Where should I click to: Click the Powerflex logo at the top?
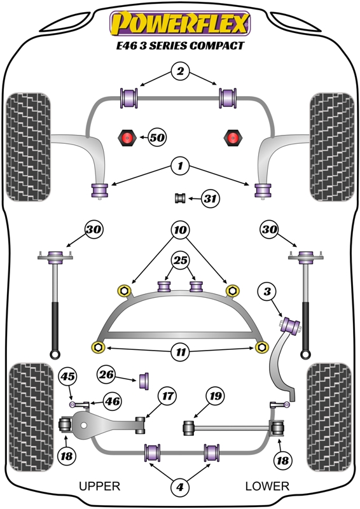click(180, 24)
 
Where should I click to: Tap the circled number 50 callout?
click(157, 137)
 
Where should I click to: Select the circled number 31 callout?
click(211, 198)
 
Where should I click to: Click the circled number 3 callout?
click(267, 291)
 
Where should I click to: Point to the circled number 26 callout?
click(106, 375)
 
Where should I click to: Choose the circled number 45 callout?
click(67, 376)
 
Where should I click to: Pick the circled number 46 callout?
click(113, 401)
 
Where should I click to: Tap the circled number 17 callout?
click(167, 396)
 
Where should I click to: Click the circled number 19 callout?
click(216, 396)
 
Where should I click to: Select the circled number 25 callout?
click(181, 260)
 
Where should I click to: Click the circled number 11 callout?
click(181, 352)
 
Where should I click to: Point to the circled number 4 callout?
click(180, 487)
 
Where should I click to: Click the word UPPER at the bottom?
click(100, 486)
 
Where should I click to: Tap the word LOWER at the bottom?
click(267, 486)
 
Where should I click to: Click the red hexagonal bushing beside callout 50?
click(127, 137)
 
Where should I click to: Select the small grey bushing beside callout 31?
click(180, 198)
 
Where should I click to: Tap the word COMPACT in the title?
click(216, 45)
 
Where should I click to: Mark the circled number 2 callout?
click(180, 71)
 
